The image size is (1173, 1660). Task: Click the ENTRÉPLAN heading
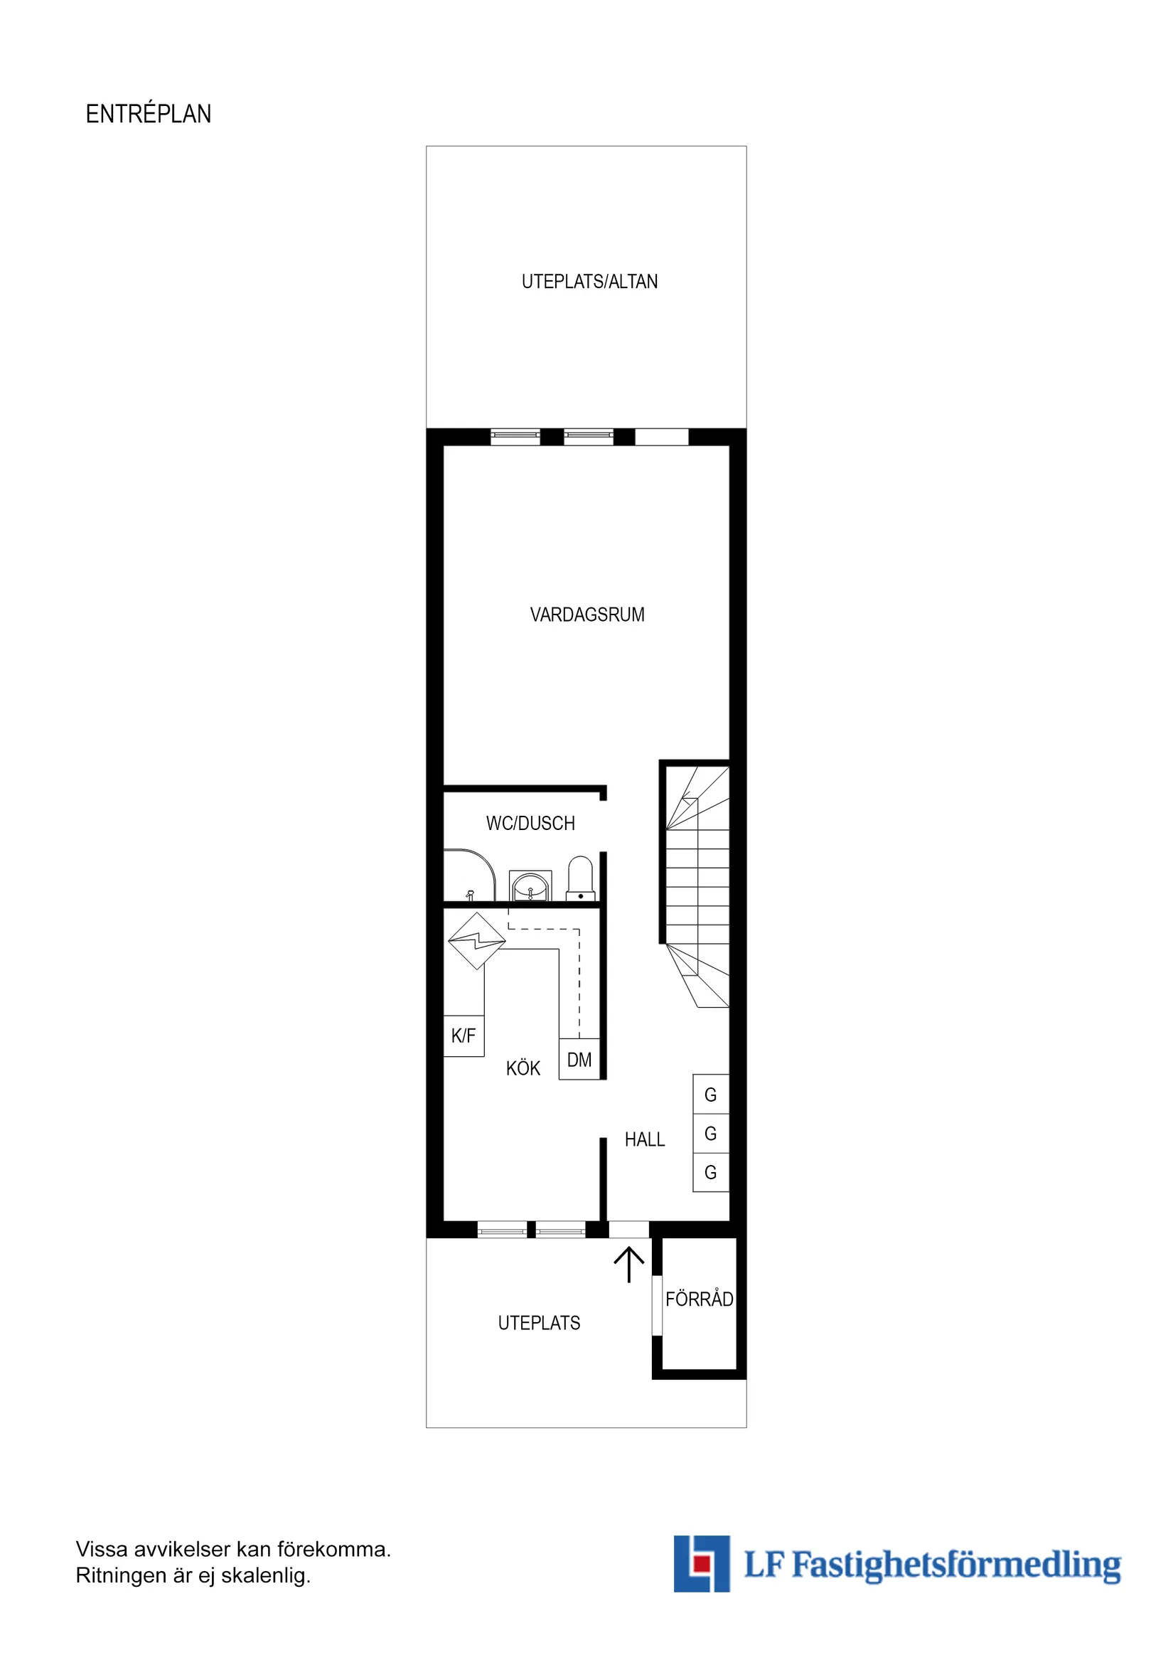pos(148,115)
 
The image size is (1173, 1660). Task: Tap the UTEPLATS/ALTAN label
pos(589,282)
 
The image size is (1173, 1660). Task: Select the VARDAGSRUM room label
pos(587,615)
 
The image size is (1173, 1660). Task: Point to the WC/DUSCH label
pos(530,824)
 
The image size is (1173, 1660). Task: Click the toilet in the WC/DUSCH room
pos(579,878)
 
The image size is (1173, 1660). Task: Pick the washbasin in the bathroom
pos(530,885)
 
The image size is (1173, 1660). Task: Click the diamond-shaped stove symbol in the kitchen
pos(476,941)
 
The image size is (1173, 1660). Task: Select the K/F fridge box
pos(464,1036)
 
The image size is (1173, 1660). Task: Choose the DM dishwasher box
pos(579,1060)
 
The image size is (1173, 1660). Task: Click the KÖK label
pos(523,1068)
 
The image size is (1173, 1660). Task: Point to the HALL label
pos(645,1140)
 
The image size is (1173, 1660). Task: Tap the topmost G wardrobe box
pos(710,1095)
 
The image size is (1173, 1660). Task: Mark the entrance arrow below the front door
pos(628,1264)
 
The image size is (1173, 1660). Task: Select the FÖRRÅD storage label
pos(699,1299)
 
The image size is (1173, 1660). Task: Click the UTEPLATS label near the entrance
pos(539,1323)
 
